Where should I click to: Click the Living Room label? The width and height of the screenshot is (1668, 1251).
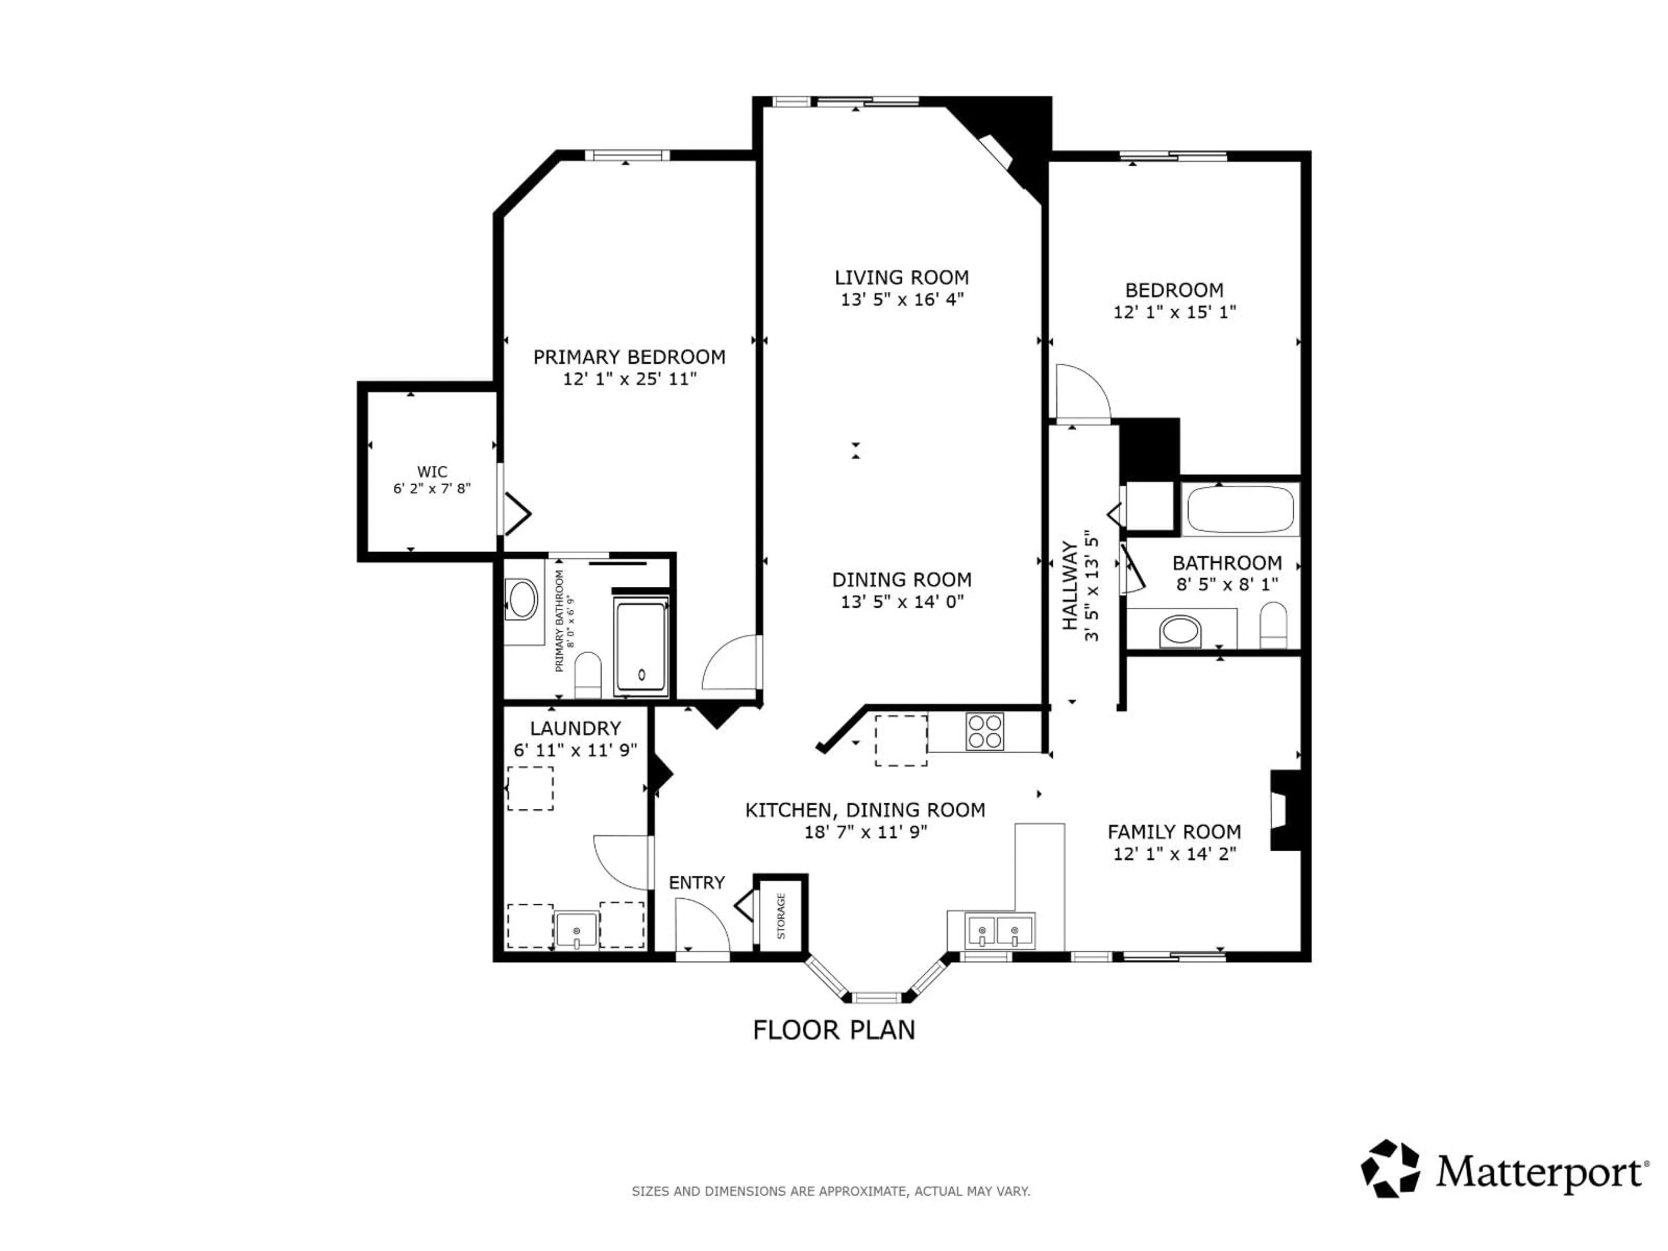pyautogui.click(x=901, y=278)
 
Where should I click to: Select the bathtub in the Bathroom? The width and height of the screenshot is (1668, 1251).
pyautogui.click(x=1240, y=510)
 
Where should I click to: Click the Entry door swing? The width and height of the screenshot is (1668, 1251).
pyautogui.click(x=700, y=927)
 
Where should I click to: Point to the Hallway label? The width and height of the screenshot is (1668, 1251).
pyautogui.click(x=1069, y=586)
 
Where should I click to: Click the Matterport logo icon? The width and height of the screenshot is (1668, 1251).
pyautogui.click(x=1390, y=1169)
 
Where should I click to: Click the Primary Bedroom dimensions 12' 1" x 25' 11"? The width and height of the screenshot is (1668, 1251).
pyautogui.click(x=629, y=378)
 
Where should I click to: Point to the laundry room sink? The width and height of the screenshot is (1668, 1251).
pyautogui.click(x=576, y=930)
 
